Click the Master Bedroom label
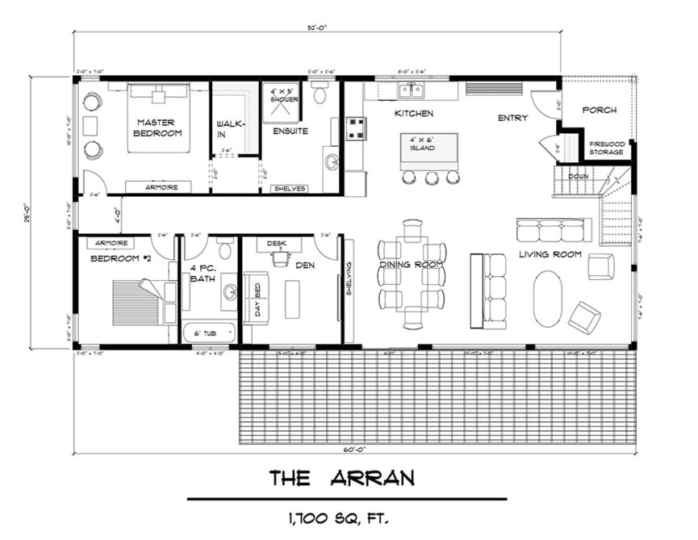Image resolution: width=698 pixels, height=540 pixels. (x=158, y=128)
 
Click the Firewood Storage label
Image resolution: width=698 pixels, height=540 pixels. (x=606, y=148)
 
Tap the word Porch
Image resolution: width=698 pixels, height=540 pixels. (x=599, y=110)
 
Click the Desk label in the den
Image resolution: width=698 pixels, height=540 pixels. (x=278, y=242)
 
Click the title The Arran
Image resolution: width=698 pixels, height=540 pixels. (x=342, y=479)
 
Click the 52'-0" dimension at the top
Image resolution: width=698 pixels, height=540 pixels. (x=316, y=26)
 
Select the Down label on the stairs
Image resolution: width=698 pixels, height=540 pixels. (x=577, y=176)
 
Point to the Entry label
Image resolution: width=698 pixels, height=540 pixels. (x=512, y=118)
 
